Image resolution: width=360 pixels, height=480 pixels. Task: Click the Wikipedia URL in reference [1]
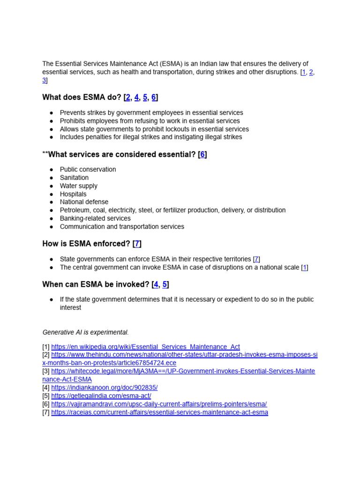point(145,347)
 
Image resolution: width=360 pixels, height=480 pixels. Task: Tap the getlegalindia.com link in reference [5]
point(101,396)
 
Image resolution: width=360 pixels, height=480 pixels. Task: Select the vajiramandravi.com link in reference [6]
point(159,404)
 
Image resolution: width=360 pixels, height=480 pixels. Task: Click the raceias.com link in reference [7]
point(159,412)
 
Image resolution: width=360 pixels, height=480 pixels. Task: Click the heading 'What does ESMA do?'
point(82,97)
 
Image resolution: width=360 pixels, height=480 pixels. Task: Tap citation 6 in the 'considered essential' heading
point(202,154)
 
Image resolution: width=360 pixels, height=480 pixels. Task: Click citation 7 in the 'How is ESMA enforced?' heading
point(137,243)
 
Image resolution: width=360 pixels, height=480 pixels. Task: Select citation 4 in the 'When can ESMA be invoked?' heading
point(156,284)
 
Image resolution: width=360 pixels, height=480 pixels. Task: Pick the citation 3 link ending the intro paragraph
point(44,80)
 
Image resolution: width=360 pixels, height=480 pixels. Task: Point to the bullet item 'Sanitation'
point(74,178)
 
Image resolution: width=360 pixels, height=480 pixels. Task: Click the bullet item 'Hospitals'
point(73,194)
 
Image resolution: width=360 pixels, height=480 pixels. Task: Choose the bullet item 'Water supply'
point(79,186)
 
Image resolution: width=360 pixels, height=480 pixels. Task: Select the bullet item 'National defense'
point(84,202)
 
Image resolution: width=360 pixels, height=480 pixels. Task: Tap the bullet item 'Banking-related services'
point(95,218)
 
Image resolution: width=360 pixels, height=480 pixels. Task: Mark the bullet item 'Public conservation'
point(88,169)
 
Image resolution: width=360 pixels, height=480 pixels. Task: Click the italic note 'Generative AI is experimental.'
point(85,332)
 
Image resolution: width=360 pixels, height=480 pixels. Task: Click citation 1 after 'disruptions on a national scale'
point(305,267)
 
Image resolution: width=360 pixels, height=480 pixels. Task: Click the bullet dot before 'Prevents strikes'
point(51,113)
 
